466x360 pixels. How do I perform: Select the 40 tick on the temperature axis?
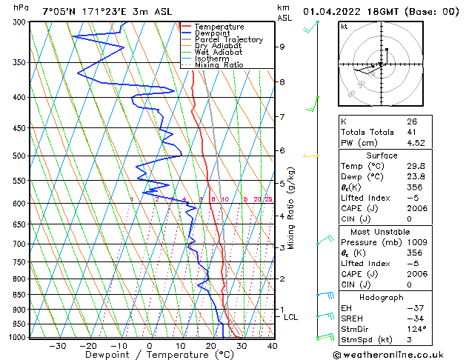point(272,345)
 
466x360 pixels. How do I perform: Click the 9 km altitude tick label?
point(282,47)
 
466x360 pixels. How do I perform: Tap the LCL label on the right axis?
point(291,317)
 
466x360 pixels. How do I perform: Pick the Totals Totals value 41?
point(411,132)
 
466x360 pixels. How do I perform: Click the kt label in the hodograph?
point(344,26)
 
